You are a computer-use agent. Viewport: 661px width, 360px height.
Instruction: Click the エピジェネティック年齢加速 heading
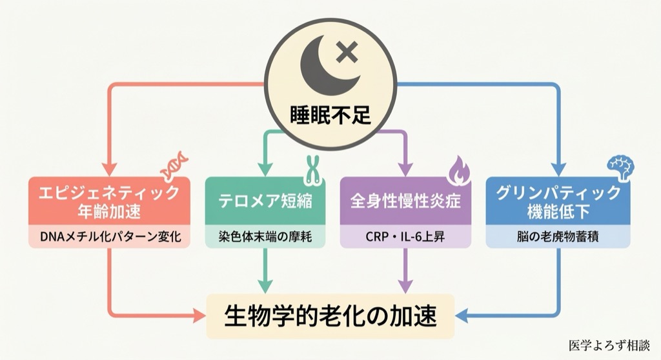coord(109,201)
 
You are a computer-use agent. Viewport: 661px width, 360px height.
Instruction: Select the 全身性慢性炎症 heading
coord(405,201)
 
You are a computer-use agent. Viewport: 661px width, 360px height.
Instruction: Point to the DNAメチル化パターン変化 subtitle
coord(109,237)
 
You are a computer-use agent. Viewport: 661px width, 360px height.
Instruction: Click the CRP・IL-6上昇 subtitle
coord(405,237)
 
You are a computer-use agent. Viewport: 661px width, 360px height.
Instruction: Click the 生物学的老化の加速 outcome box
coord(330,316)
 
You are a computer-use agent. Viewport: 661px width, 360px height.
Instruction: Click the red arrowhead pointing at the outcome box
coord(199,316)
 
